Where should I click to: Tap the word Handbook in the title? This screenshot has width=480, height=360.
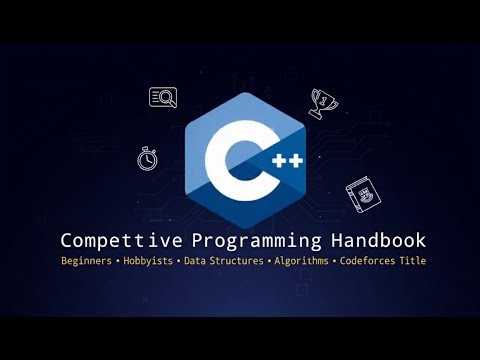379,241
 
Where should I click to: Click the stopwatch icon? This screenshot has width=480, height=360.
148,157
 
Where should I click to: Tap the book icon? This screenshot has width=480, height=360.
361,192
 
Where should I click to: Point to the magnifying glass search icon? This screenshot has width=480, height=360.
163,97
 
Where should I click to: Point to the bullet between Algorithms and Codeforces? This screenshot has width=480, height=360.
335,261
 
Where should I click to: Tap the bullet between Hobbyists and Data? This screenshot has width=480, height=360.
177,261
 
